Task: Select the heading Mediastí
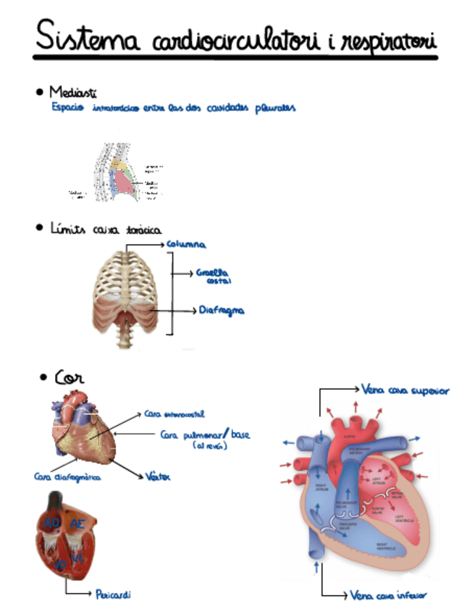(73, 93)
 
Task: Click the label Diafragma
(222, 311)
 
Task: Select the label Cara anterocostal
(175, 414)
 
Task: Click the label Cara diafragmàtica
(67, 477)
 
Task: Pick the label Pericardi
(113, 594)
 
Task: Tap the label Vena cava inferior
(389, 595)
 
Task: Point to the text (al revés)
(211, 447)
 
